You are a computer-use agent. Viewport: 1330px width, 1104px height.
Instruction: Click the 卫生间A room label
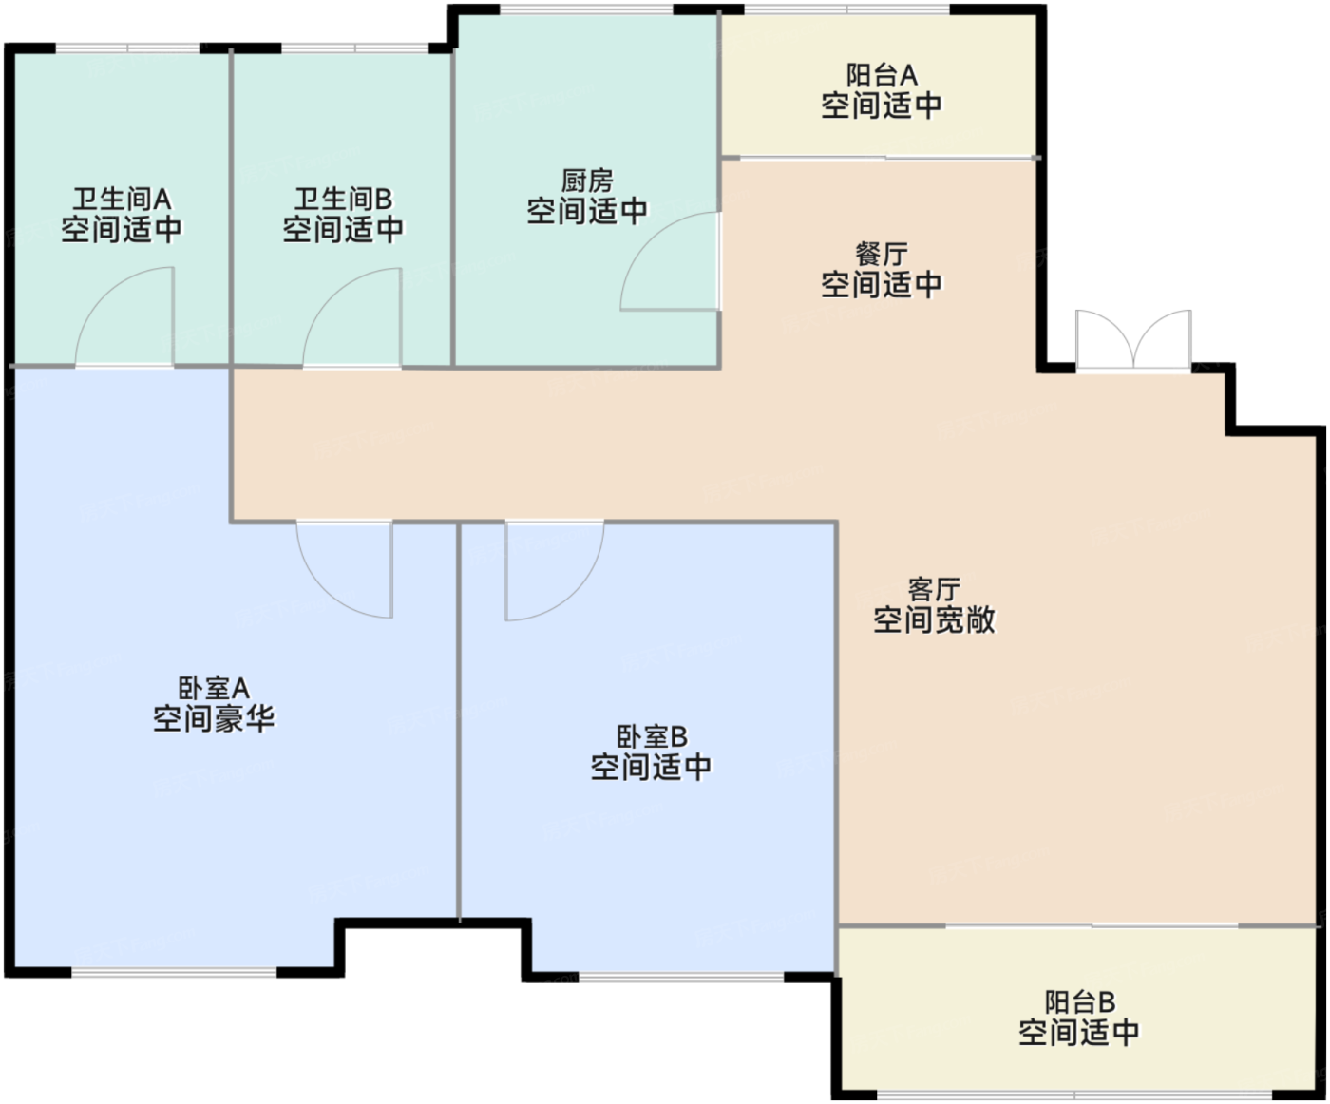pos(122,200)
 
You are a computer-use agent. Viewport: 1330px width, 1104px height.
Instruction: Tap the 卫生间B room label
pos(343,200)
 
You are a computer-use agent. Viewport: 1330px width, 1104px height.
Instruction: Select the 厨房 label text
pos(587,181)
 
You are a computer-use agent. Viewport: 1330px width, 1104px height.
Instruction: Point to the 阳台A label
pos(882,76)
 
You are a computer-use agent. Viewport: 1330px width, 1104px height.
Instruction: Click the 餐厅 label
pos(882,255)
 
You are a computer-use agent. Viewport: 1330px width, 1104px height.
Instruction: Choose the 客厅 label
pos(934,590)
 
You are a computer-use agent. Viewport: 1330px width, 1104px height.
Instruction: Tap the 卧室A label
pos(214,689)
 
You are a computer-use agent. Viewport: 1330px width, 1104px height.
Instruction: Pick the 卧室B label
pos(652,736)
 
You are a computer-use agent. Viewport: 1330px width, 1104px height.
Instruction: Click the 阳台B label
pos(1079,1002)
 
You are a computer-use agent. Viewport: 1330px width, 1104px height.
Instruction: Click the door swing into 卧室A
pos(325,589)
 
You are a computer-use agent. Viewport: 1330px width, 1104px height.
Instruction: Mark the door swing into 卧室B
pos(577,593)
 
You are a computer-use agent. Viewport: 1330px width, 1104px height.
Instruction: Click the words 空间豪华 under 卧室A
pos(214,719)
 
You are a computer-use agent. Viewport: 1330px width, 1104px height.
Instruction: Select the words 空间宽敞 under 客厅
pos(934,619)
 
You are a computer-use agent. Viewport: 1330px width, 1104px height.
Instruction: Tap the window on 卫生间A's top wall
pos(127,48)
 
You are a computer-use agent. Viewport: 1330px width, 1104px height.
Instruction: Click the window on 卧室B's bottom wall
pos(681,977)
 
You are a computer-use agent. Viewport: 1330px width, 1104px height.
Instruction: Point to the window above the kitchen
pos(587,10)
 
